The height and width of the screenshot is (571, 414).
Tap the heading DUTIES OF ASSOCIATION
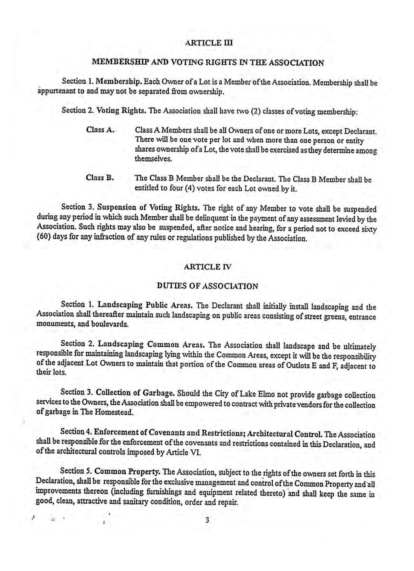(x=207, y=286)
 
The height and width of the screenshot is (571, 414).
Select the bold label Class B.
(x=100, y=178)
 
